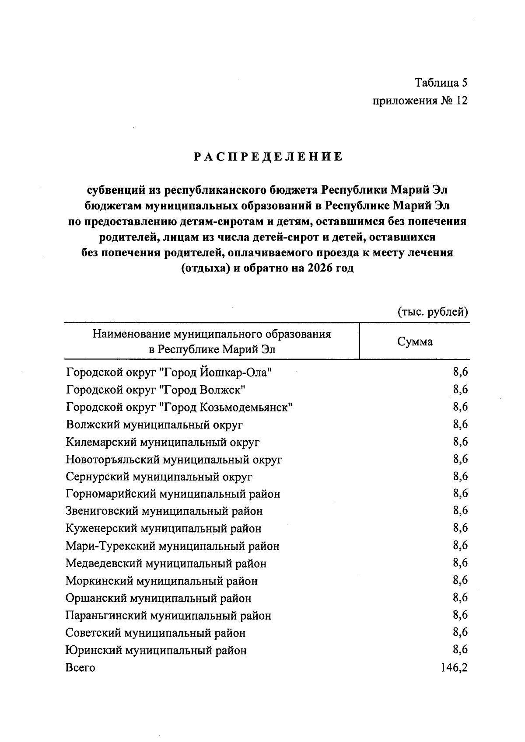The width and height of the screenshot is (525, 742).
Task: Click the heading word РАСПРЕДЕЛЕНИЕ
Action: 268,157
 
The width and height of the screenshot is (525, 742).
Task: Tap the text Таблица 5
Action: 441,83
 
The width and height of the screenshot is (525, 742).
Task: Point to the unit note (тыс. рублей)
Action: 433,312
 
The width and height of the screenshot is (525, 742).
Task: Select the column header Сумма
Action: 415,342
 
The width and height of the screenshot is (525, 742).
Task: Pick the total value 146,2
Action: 455,667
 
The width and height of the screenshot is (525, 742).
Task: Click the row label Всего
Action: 80,668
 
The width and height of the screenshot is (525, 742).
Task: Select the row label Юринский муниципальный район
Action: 156,650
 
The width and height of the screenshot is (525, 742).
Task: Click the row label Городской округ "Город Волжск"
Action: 155,390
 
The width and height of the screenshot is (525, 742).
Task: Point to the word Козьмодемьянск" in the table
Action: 246,407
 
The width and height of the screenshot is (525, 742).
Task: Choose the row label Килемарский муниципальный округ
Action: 163,442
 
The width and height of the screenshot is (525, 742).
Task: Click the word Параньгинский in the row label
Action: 106,616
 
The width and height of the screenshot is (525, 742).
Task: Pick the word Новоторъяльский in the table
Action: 113,460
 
